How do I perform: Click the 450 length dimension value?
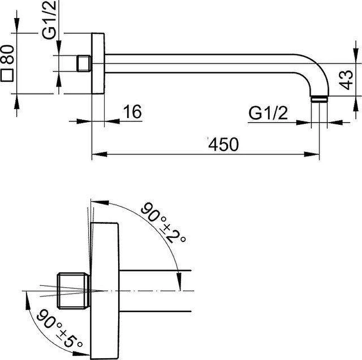coord(224,144)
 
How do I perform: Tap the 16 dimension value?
coord(132,112)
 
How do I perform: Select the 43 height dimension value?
coord(347,80)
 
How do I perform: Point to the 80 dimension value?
coord(7,54)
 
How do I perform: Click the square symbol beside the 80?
coord(6,75)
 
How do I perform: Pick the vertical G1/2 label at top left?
coord(49,19)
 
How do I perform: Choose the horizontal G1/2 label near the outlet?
coord(268,113)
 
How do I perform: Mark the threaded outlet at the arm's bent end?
coord(319,99)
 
